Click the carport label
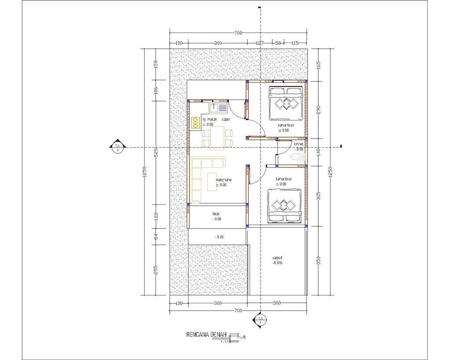click(277, 258)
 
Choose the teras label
click(216, 214)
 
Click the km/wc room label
click(299, 144)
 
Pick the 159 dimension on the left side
click(155, 64)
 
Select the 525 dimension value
click(155, 152)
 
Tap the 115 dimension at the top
click(295, 43)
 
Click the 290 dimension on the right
click(319, 109)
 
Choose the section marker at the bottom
click(260, 320)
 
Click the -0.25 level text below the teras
click(218, 237)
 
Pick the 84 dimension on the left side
click(155, 238)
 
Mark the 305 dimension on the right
click(319, 196)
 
